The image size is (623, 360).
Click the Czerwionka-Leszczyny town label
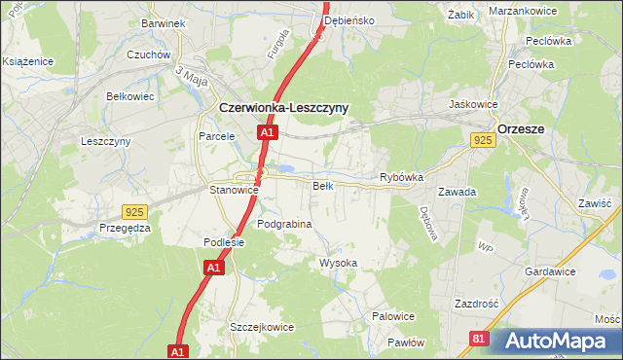click(x=283, y=108)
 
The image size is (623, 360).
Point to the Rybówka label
click(x=401, y=178)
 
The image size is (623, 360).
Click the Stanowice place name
click(x=234, y=190)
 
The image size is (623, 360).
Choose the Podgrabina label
click(x=284, y=224)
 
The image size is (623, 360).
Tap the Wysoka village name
click(x=339, y=264)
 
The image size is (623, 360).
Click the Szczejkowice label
click(x=261, y=327)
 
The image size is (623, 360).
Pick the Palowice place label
click(x=393, y=316)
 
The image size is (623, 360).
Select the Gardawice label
click(x=550, y=271)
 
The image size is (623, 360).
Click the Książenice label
click(x=26, y=60)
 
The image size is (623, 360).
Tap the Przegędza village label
click(x=125, y=228)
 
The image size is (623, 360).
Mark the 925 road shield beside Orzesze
click(x=484, y=141)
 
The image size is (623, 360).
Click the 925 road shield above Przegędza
click(x=136, y=211)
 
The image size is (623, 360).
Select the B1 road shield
click(x=478, y=339)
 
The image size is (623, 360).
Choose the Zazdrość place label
click(x=476, y=304)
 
